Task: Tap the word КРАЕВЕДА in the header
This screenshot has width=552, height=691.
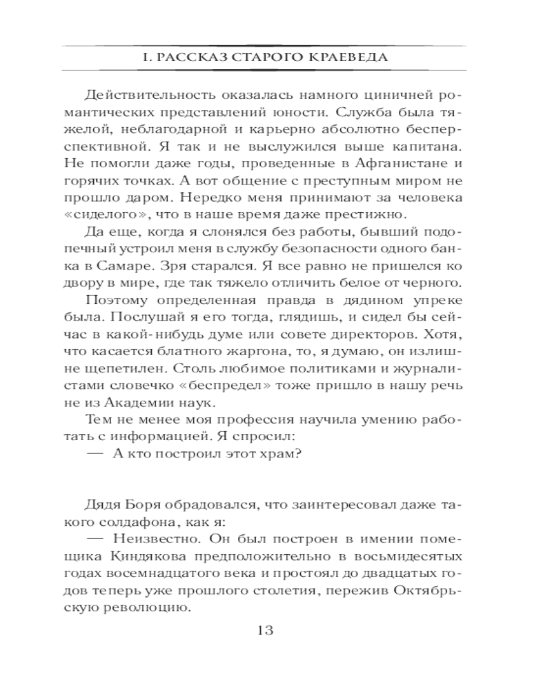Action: pyautogui.click(x=352, y=58)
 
